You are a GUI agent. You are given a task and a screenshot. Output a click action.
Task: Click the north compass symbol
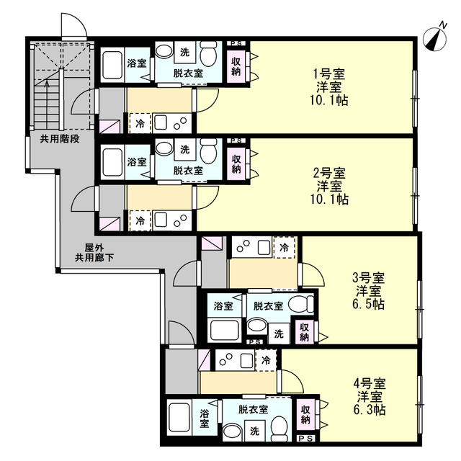tap(435, 38)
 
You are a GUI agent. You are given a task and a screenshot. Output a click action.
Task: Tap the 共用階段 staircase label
tap(60, 139)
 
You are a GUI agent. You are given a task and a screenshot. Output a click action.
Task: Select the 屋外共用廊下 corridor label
tap(94, 253)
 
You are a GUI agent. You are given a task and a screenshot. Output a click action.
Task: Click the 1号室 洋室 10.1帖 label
tap(329, 87)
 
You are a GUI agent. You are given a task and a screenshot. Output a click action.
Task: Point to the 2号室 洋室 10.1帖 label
tap(329, 186)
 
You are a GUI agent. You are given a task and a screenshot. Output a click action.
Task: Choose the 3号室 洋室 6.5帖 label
tap(368, 291)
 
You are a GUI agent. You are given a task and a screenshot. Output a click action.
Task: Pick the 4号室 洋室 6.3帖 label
tap(370, 396)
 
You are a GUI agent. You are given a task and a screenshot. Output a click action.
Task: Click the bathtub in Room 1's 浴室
tap(112, 66)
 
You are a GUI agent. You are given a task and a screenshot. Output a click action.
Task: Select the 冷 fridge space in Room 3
tap(284, 248)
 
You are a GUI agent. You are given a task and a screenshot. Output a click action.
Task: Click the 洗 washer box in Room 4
tap(254, 431)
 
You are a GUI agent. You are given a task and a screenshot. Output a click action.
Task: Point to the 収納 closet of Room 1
tap(236, 66)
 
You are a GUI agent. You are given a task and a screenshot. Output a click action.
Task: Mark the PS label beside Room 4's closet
tap(305, 439)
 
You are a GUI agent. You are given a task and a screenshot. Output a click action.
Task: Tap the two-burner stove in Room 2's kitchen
tap(181, 221)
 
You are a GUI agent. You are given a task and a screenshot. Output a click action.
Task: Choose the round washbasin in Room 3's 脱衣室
tap(257, 326)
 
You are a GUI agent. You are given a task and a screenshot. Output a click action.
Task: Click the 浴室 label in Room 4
tap(205, 419)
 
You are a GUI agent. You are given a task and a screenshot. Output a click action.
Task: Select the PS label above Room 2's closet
tap(236, 141)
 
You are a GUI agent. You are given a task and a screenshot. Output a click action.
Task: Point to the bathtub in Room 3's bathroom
tap(224, 331)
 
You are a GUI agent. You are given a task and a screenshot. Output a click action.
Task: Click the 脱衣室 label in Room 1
tap(188, 73)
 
